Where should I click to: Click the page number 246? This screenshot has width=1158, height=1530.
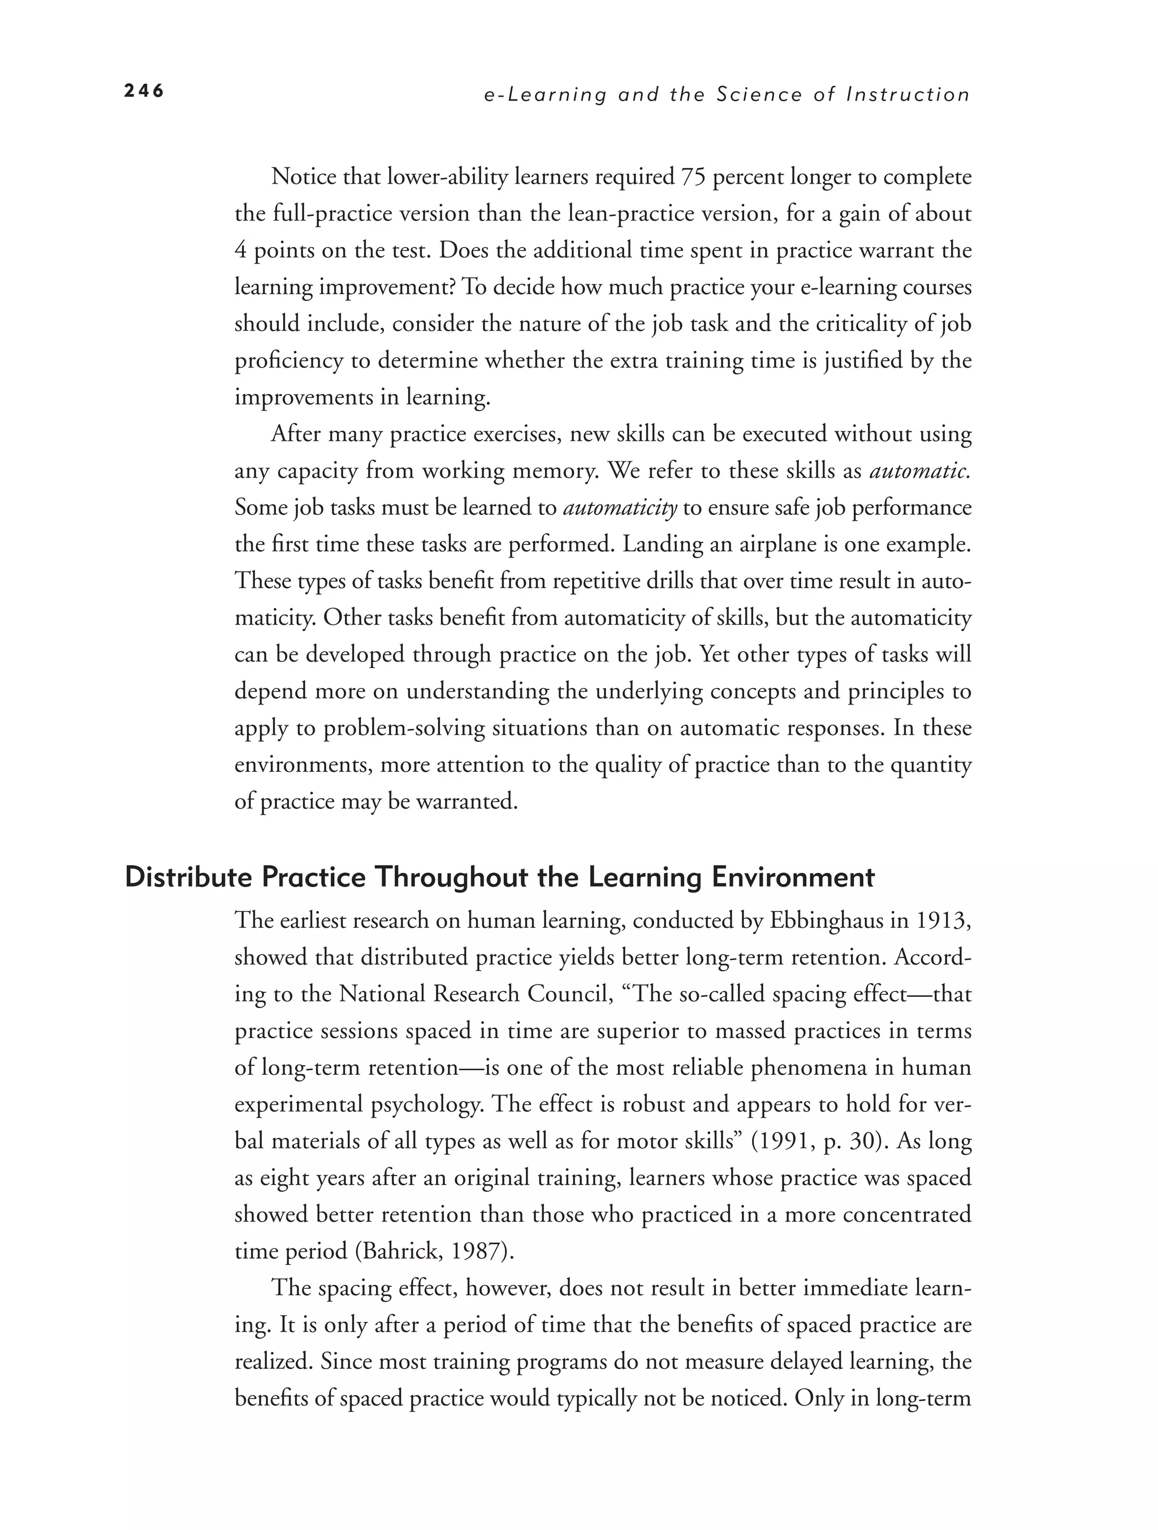click(x=144, y=91)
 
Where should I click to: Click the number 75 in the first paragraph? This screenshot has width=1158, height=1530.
click(x=693, y=177)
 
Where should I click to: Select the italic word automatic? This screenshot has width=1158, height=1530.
click(x=919, y=471)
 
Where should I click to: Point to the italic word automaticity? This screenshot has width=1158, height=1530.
click(x=620, y=508)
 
